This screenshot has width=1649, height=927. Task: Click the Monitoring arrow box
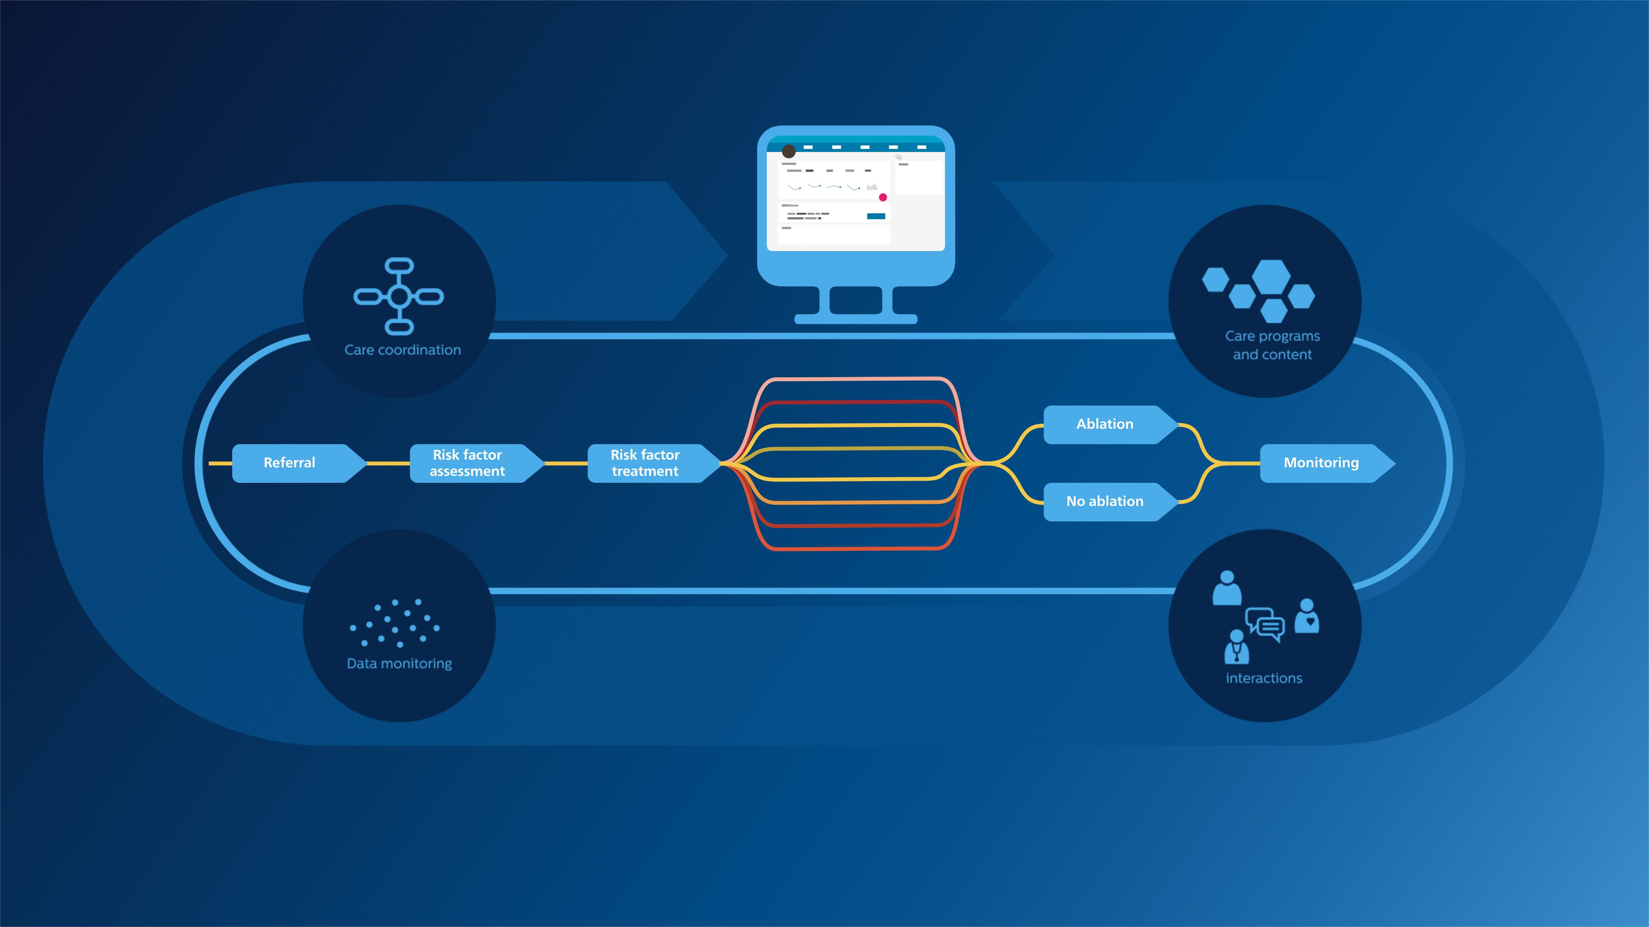[x=1321, y=463]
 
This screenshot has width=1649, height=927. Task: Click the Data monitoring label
[x=399, y=663]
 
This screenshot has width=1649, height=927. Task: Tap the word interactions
[x=1264, y=678]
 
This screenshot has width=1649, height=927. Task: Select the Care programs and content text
[x=1272, y=345]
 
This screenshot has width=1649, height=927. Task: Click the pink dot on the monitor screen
[x=883, y=197]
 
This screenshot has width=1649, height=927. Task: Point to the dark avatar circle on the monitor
[x=789, y=151]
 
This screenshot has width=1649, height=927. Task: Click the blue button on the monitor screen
[x=876, y=216]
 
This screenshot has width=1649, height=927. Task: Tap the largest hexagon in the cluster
[x=1271, y=276]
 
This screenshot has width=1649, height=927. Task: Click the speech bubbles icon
[x=1265, y=623]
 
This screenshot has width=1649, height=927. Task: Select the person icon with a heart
[x=1306, y=617]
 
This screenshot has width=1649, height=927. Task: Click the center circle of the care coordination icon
[x=399, y=296]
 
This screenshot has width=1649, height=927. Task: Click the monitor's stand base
[x=855, y=318]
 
